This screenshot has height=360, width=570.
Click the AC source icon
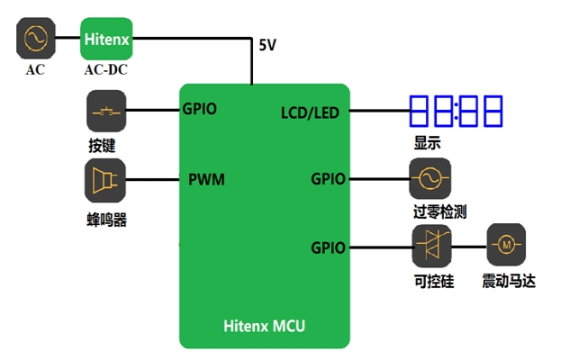pos(35,40)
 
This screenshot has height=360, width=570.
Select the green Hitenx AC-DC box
pos(107,40)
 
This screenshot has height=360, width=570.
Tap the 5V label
pos(268,45)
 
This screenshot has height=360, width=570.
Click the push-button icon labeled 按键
pos(106,112)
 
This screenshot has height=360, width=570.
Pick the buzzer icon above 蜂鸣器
pos(106,180)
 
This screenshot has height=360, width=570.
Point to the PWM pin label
pos(206,179)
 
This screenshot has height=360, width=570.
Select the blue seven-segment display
pos(456,112)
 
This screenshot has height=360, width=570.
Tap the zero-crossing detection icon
pos(430,179)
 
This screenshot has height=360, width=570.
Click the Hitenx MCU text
pos(264,326)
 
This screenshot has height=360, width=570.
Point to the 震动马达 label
pos(509,281)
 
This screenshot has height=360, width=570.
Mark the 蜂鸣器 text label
pos(106,219)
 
